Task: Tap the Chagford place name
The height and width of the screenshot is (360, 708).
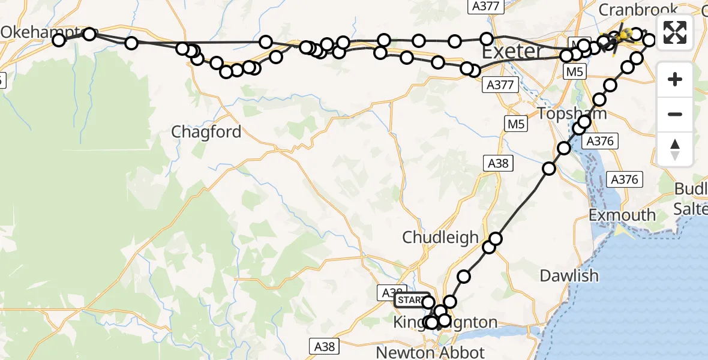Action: [206, 132]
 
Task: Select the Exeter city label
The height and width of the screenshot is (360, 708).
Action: [512, 52]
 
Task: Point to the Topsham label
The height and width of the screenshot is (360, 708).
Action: [572, 113]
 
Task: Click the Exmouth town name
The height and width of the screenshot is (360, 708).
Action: [622, 215]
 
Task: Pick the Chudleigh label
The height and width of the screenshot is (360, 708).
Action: [440, 237]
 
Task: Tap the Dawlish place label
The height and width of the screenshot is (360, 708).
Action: [569, 275]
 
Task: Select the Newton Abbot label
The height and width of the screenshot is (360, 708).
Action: [436, 350]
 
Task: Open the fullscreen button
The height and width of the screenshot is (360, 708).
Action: [675, 32]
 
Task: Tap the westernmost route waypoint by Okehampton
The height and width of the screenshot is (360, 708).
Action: [59, 40]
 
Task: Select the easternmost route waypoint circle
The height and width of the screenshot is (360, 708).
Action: [649, 40]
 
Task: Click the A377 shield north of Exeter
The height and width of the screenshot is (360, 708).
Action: [484, 6]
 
